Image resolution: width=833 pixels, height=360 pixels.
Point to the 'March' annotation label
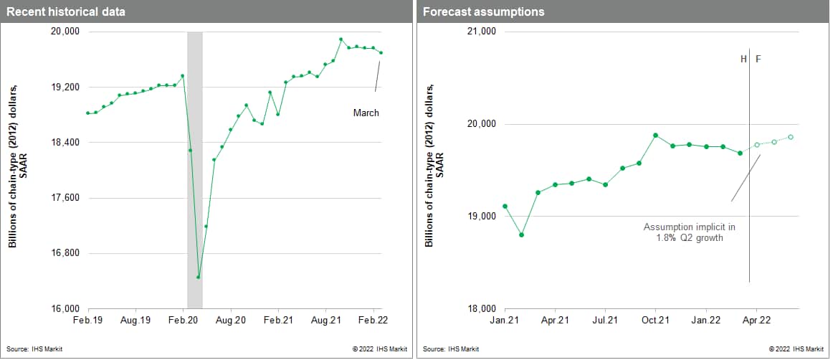366,113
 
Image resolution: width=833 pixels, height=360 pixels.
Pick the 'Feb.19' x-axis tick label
87,320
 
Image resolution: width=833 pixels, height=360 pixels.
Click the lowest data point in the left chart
198,277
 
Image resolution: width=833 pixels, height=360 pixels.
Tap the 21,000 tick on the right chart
481,32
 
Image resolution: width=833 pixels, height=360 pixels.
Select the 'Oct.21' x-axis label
655,320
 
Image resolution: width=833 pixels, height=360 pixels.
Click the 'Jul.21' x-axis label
605,320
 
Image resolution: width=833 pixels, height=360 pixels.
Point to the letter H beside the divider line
743,59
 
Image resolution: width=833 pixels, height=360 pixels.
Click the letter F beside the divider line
758,59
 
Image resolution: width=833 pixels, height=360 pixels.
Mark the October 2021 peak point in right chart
655,135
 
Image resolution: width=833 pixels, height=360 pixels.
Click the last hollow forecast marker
791,137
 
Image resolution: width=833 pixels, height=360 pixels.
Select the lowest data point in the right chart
521,235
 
